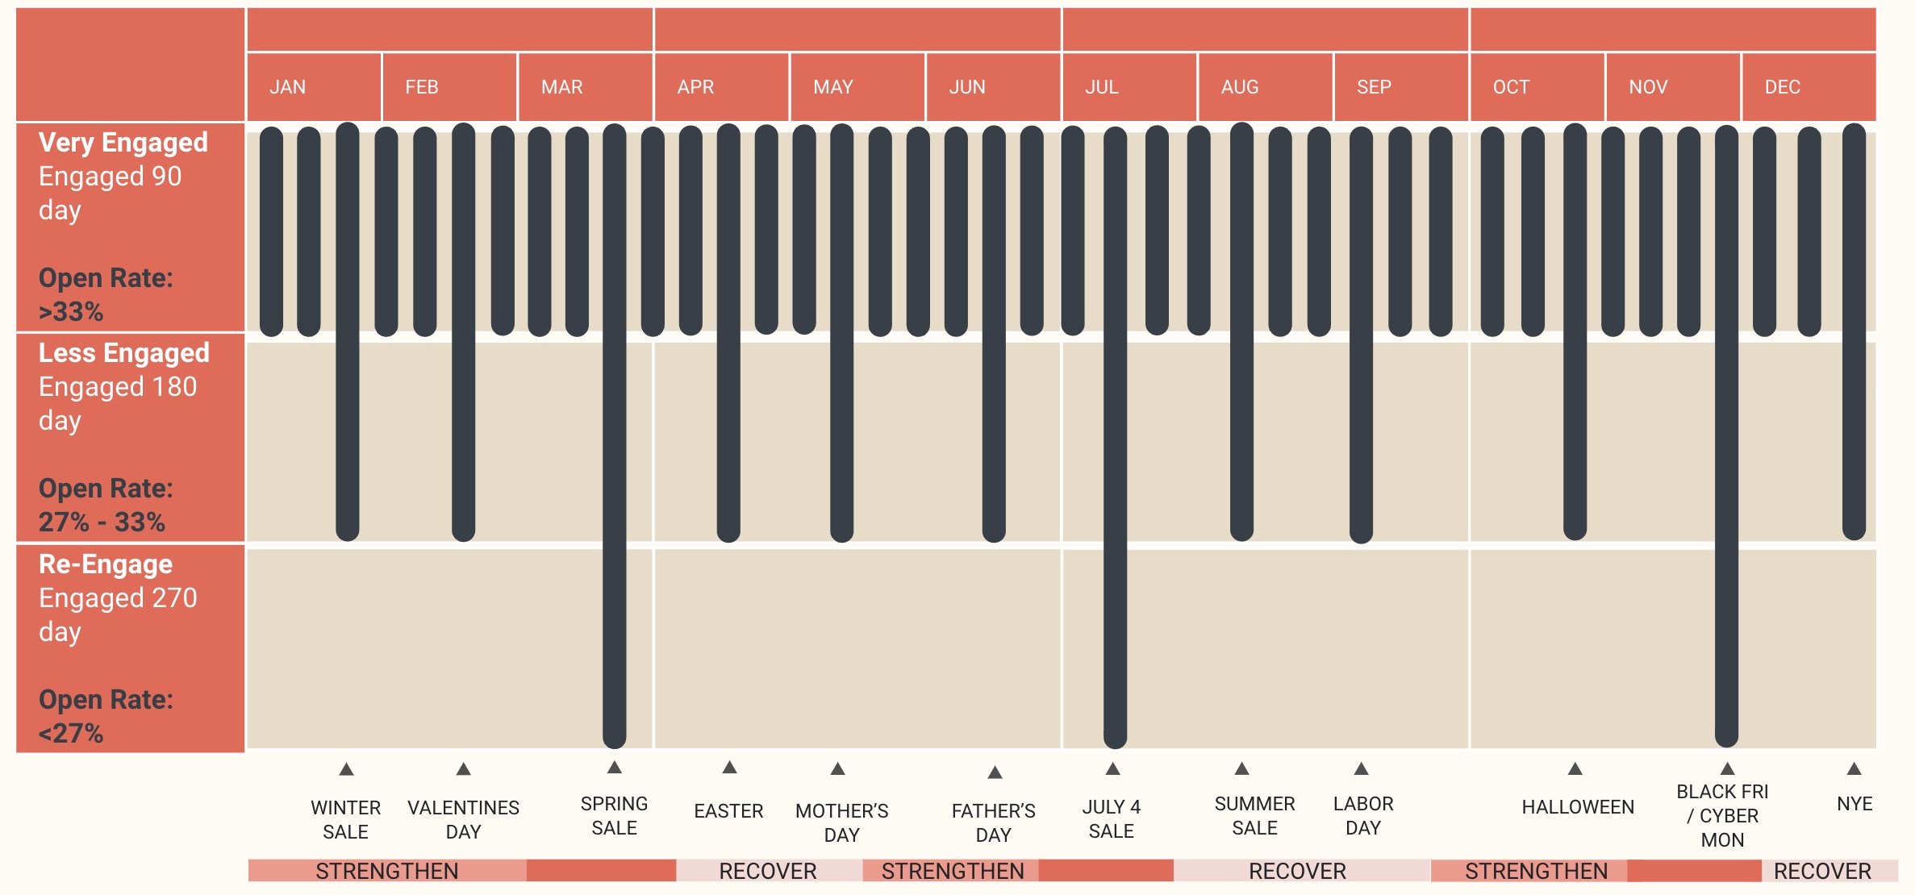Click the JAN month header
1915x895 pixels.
288,87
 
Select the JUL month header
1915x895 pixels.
1101,87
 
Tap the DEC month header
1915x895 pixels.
1782,87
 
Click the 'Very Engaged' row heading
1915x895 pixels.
123,143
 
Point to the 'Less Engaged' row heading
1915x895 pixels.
124,353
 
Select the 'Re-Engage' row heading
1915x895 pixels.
106,564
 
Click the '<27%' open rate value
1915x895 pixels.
71,734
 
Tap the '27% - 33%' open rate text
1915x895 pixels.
102,522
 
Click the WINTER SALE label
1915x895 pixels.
345,819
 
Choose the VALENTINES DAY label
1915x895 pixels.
463,819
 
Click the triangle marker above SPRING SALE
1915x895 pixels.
615,767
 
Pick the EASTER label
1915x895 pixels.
728,811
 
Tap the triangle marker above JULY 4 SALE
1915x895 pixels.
1112,768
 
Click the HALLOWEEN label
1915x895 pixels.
1578,807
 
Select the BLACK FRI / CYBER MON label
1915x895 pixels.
1722,815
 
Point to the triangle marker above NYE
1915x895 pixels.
1854,768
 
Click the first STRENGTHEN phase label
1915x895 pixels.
387,871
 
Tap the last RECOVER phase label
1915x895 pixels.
1822,871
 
